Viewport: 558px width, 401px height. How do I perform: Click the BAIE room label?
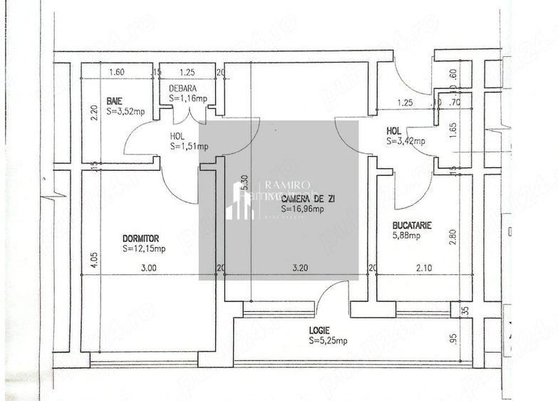[x=113, y=100]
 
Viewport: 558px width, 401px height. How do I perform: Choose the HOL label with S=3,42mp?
[x=393, y=131]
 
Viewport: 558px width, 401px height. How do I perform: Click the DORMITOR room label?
[x=140, y=239]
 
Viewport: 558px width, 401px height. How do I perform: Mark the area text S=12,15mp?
[x=144, y=249]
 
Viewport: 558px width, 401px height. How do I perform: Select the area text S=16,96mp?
[x=302, y=209]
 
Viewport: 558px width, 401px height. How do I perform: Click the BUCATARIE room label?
[x=412, y=225]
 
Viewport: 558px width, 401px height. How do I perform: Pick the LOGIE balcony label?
[x=321, y=330]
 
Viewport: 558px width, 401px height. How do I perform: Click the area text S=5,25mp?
[x=329, y=341]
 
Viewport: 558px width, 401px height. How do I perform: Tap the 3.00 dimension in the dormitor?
[x=148, y=269]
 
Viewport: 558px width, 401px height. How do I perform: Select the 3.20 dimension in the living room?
[x=301, y=269]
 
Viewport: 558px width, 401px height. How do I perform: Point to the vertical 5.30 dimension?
[x=244, y=184]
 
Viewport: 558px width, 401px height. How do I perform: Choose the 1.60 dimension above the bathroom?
[x=117, y=72]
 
